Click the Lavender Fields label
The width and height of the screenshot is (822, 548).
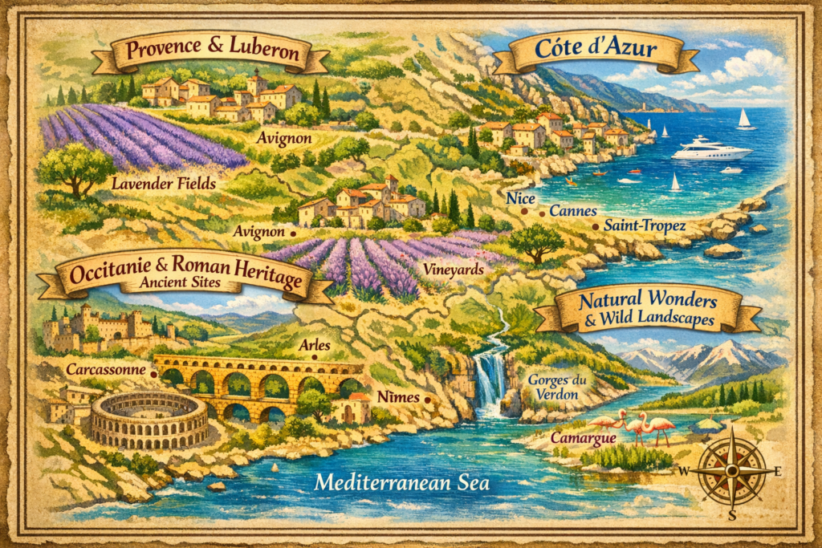pos(164,184)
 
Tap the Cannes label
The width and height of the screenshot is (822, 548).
pos(573,211)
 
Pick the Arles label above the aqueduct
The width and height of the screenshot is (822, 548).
pos(315,345)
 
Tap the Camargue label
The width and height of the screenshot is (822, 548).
pos(583,439)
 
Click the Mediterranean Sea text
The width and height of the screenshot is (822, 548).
pos(401,483)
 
